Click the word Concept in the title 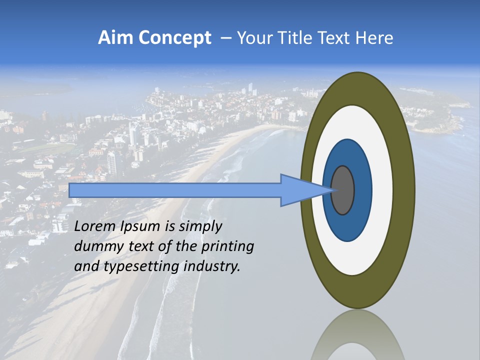pyautogui.click(x=174, y=38)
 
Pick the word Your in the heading pyautogui.click(x=254, y=38)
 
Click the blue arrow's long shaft pyautogui.click(x=175, y=190)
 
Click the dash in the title pyautogui.click(x=225, y=38)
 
